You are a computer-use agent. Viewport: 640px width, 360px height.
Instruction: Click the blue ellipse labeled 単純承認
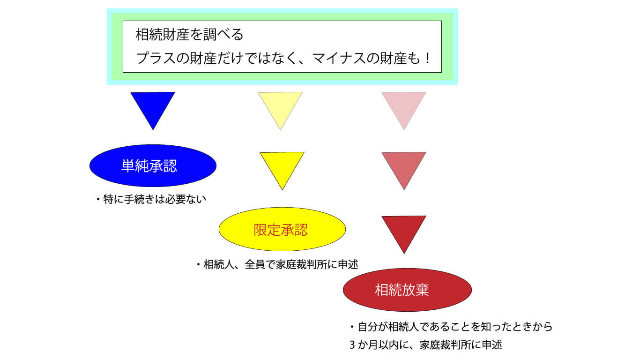[153, 165]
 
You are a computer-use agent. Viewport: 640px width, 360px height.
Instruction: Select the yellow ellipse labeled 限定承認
[283, 229]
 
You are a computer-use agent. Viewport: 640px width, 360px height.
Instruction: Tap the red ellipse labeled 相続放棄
[407, 290]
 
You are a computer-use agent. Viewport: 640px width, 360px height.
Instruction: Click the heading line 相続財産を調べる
[189, 35]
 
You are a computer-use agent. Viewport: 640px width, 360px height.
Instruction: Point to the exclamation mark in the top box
[427, 58]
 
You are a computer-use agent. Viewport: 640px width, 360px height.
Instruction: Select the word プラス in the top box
[156, 58]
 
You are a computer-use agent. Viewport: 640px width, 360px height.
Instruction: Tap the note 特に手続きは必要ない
[155, 199]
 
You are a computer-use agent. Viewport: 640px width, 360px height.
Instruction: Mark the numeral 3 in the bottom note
[353, 345]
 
